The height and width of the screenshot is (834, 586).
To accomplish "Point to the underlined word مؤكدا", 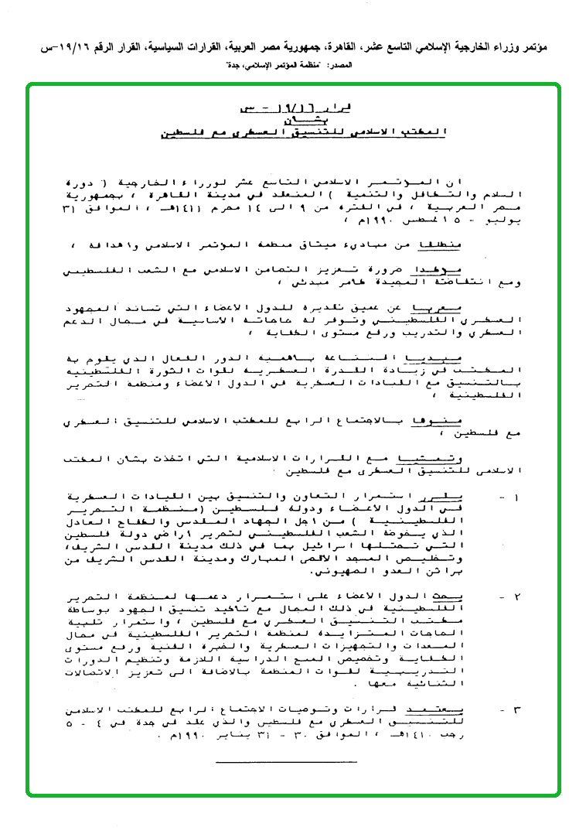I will click(450, 272).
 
